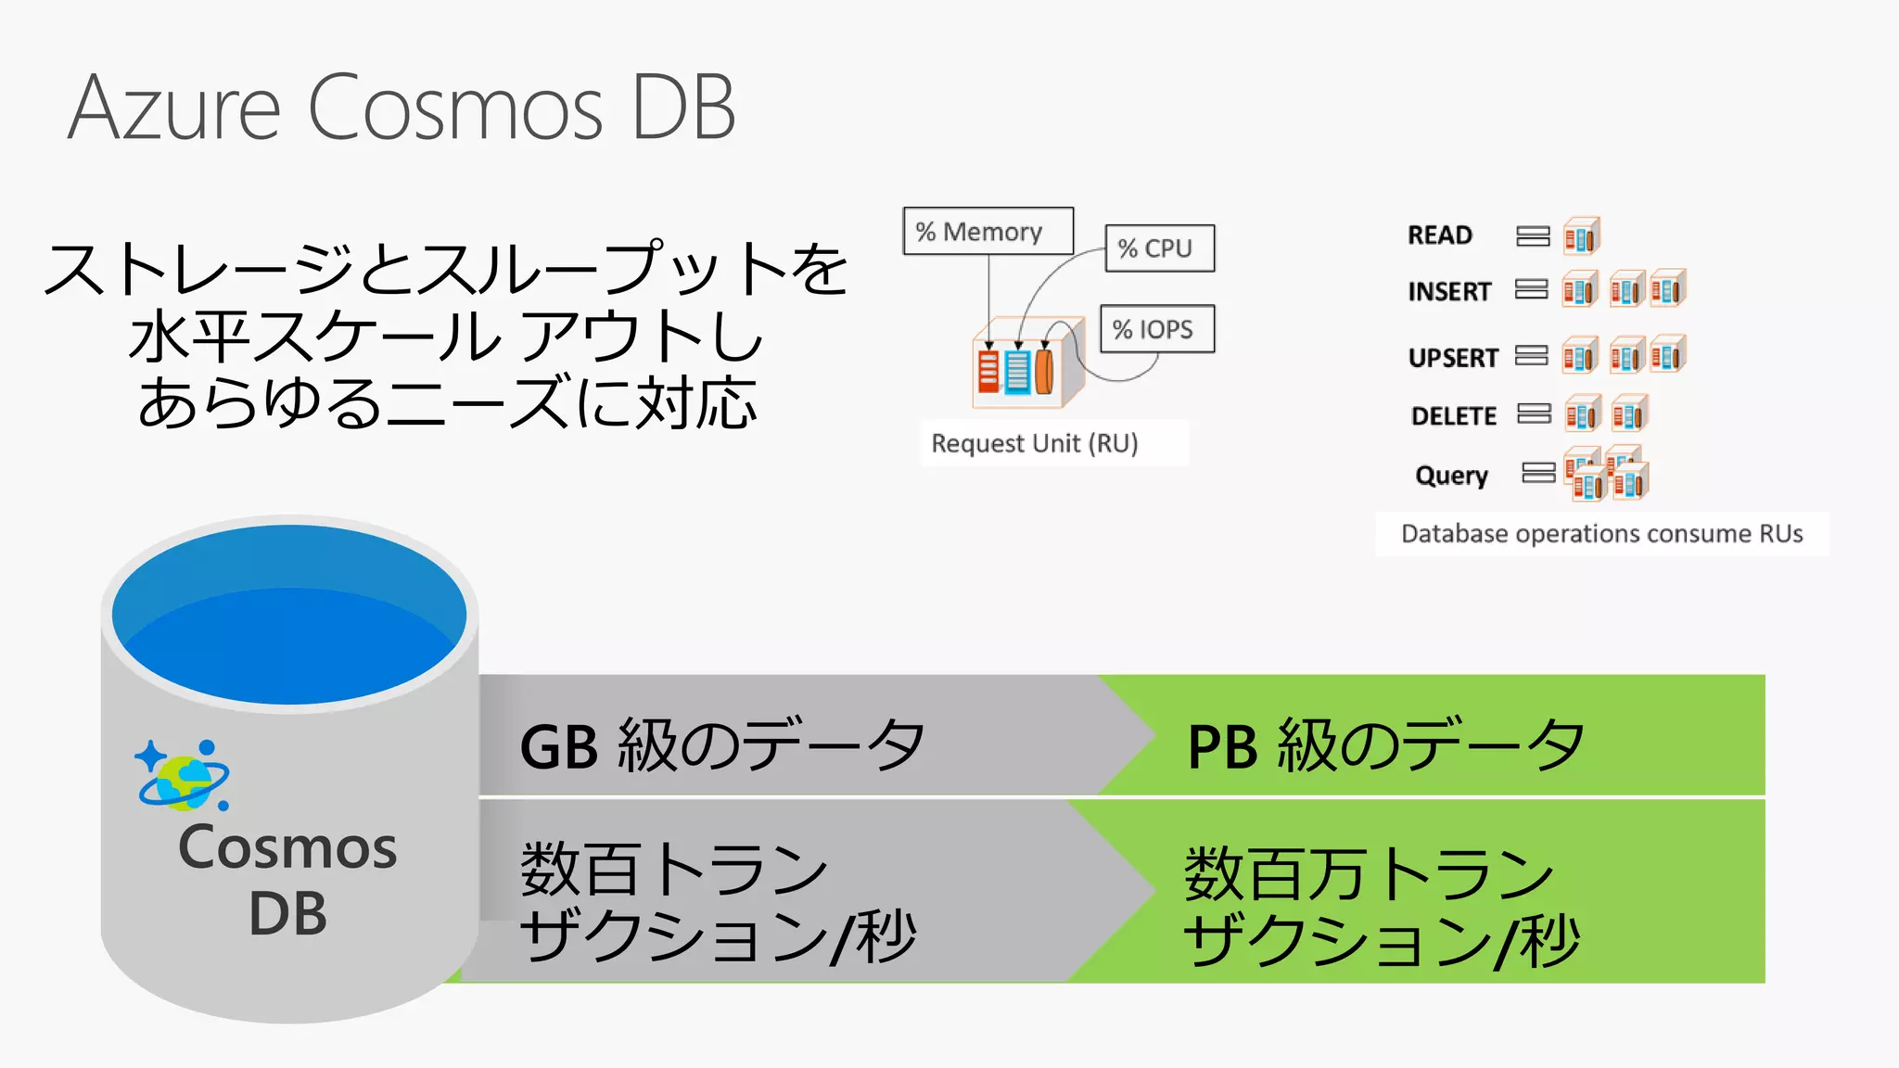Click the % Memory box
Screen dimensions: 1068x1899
(988, 231)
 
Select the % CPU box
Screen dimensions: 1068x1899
(1159, 248)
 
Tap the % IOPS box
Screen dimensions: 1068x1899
(1156, 329)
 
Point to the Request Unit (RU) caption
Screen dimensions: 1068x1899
(1034, 443)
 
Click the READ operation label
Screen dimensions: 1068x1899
(1439, 235)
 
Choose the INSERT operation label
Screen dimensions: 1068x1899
(1448, 292)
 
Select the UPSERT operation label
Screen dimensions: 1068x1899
(1452, 358)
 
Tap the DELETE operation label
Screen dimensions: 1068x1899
(1453, 416)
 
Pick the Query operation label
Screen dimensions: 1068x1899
(1451, 476)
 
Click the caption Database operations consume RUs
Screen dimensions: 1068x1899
(1601, 534)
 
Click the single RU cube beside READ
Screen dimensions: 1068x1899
(1581, 236)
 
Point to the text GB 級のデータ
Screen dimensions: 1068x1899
(721, 744)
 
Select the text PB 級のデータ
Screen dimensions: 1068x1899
(1385, 744)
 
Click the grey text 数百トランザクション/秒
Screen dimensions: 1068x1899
(718, 901)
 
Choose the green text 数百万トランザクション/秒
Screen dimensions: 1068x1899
(1382, 906)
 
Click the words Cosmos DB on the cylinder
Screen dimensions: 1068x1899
(287, 879)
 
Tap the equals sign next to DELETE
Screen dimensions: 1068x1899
(1534, 413)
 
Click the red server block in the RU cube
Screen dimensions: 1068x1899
(988, 371)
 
